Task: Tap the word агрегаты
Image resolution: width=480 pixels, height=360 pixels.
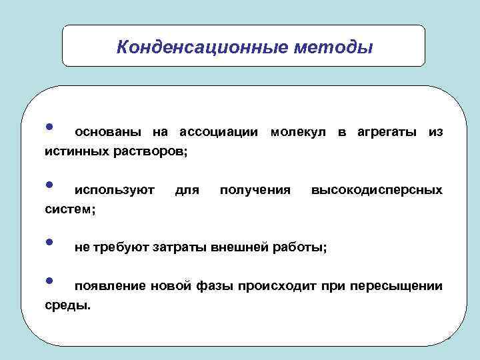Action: coord(385,133)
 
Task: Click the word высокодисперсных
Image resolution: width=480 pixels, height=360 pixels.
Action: coord(376,190)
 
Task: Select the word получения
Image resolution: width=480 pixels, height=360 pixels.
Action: coord(255,190)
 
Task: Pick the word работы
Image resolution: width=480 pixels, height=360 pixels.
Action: coord(300,248)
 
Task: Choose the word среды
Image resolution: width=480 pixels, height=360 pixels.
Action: coord(68,305)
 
